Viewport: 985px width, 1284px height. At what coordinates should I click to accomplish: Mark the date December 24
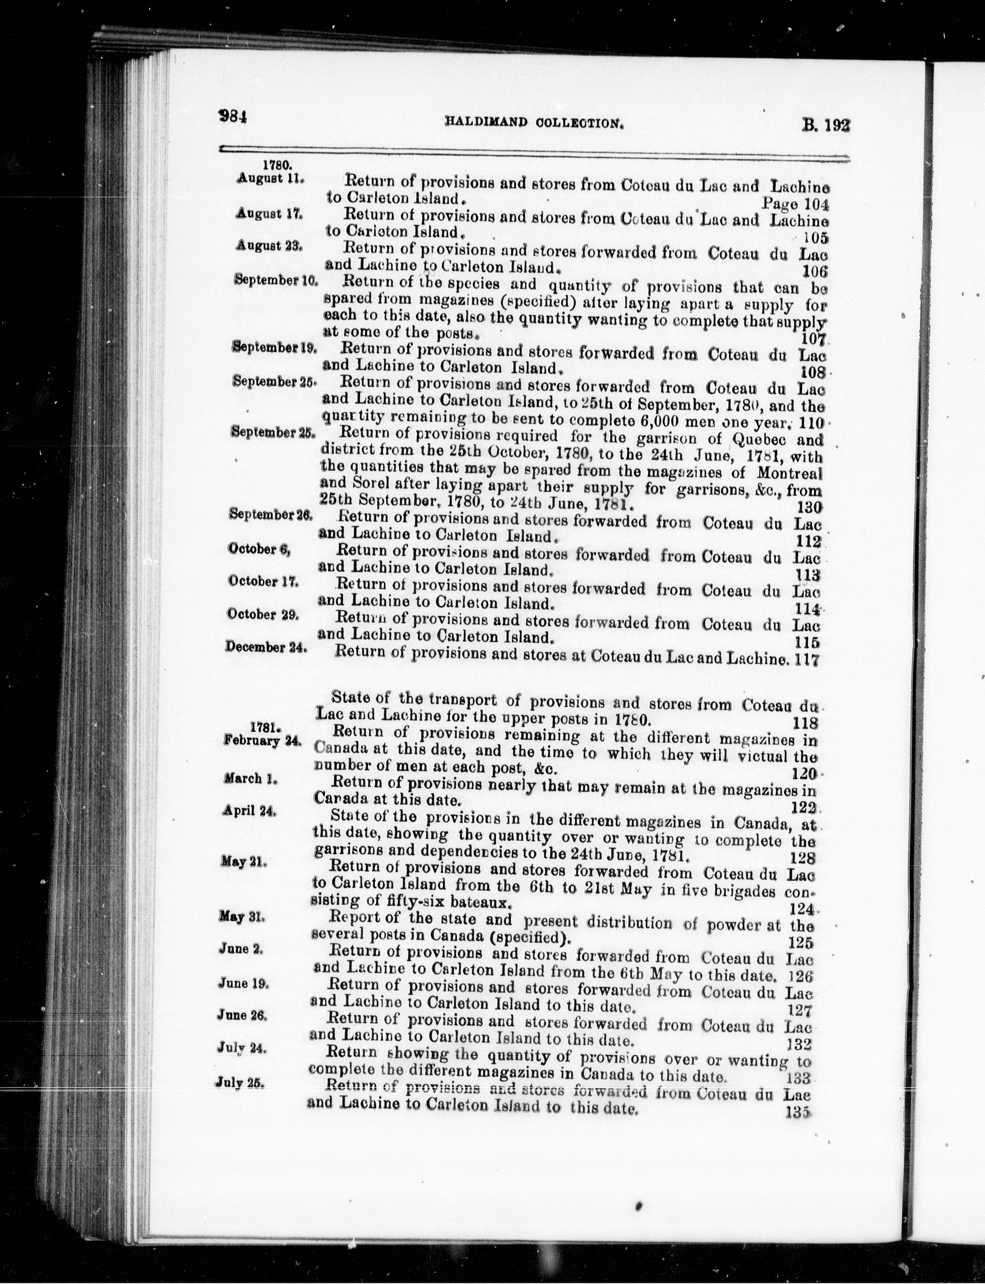[266, 647]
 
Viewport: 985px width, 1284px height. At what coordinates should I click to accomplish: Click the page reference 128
[803, 858]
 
